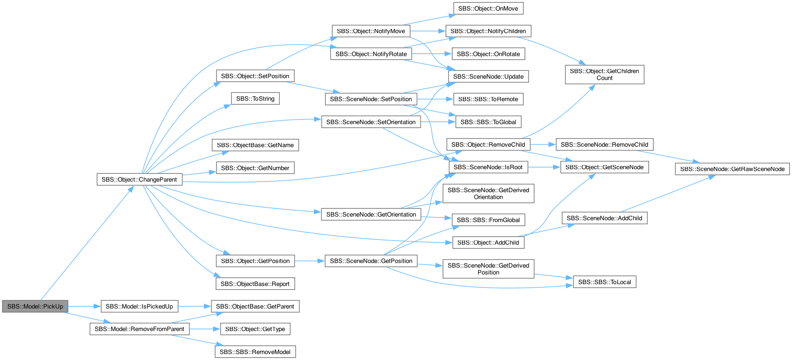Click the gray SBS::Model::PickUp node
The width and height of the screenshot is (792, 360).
tap(35, 306)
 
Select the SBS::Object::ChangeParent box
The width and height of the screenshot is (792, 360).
tap(139, 179)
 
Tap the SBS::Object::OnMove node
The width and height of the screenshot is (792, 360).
tap(488, 8)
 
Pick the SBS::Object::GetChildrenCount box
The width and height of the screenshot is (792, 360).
tap(604, 74)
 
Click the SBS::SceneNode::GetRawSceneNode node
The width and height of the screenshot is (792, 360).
tap(732, 169)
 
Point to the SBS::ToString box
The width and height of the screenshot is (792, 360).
tap(255, 98)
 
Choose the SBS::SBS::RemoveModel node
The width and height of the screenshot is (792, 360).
tap(255, 352)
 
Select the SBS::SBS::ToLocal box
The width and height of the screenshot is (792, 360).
tap(604, 282)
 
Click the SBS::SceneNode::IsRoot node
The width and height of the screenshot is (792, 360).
tap(488, 167)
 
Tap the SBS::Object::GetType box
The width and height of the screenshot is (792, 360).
tap(255, 329)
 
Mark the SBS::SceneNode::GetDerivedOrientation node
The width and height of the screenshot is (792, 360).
tap(488, 193)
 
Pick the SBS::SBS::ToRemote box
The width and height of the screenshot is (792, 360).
tap(488, 99)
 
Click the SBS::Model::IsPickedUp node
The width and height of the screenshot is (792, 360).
tap(139, 306)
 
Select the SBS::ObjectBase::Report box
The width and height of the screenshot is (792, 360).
tap(255, 284)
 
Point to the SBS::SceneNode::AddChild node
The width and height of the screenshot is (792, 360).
tap(604, 218)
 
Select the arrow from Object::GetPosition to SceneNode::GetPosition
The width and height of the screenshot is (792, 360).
tap(310, 261)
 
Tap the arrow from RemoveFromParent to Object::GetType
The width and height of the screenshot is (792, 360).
tap(205, 329)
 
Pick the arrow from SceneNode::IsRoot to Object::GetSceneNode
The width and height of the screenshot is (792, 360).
tap(544, 167)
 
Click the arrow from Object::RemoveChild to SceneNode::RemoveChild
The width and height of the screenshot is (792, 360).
tap(543, 144)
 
